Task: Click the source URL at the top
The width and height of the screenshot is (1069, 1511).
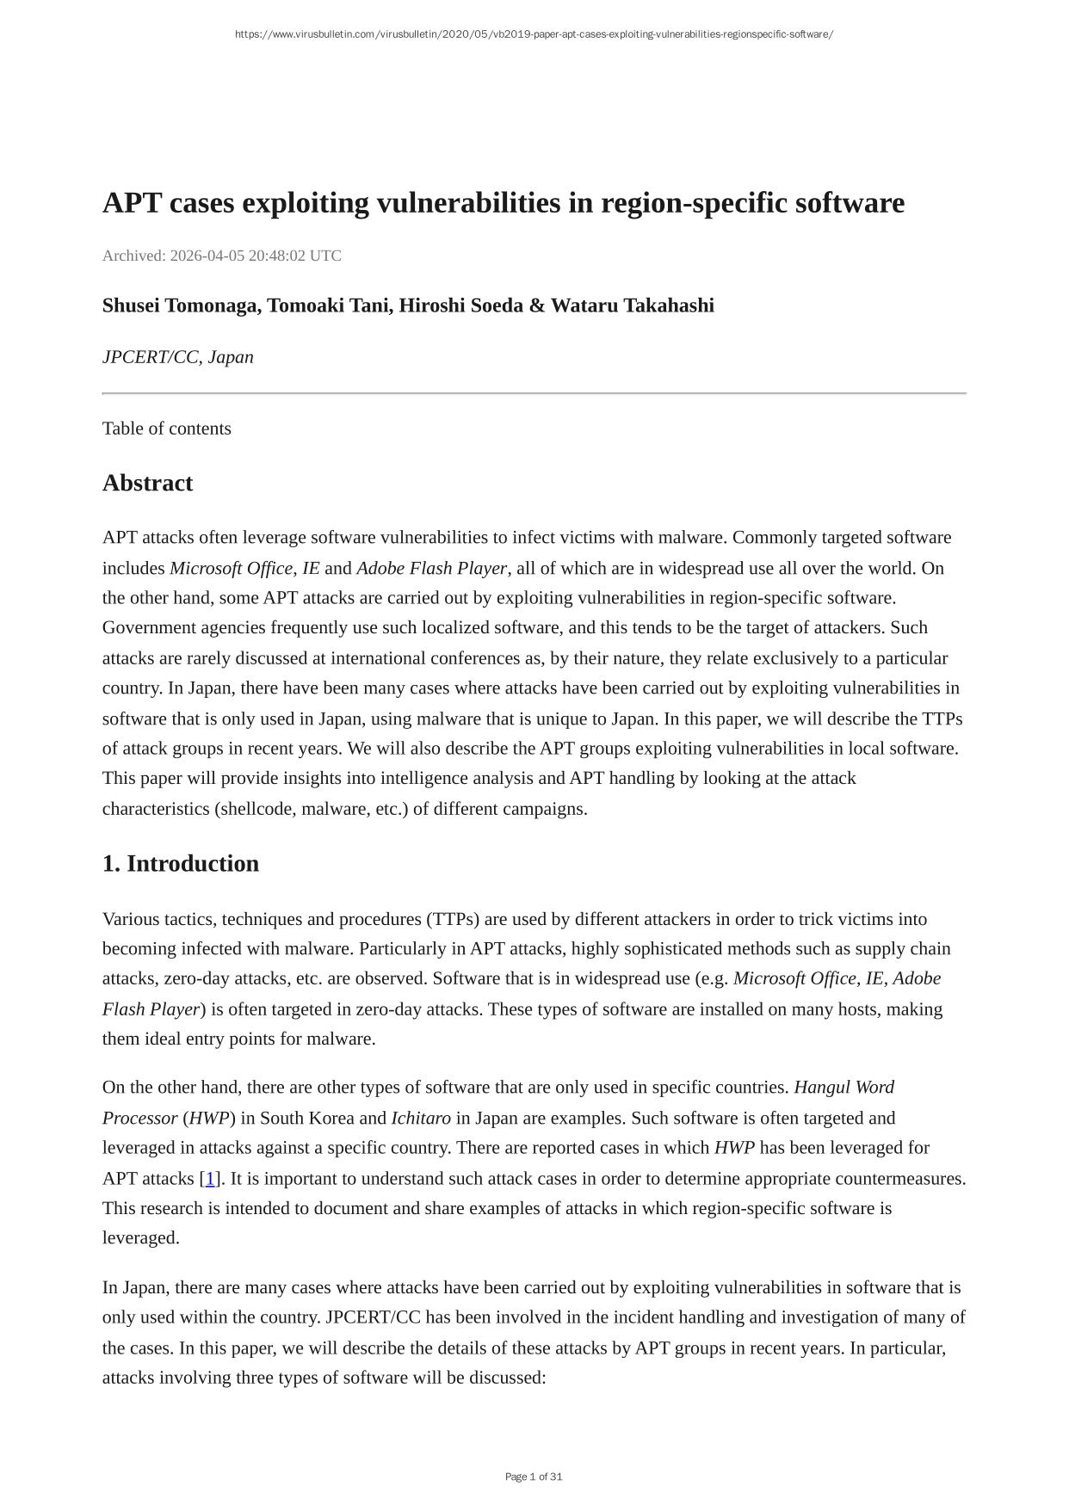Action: pyautogui.click(x=534, y=34)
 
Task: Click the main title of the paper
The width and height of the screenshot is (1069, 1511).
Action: pyautogui.click(x=504, y=203)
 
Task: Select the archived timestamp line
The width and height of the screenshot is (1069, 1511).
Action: pyautogui.click(x=222, y=256)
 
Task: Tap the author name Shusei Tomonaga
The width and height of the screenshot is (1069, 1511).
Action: pyautogui.click(x=181, y=305)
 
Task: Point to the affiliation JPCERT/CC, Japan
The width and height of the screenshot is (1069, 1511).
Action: pyautogui.click(x=178, y=357)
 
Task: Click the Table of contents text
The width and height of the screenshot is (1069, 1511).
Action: pyautogui.click(x=167, y=429)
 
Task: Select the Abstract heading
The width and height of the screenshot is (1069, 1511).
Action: pyautogui.click(x=147, y=483)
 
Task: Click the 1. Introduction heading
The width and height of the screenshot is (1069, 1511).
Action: pyautogui.click(x=181, y=864)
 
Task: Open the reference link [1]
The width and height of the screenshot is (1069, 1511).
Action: pyautogui.click(x=210, y=1178)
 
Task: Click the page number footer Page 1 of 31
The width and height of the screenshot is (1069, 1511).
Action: pyautogui.click(x=534, y=1477)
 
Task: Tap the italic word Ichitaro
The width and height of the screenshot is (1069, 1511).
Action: pyautogui.click(x=421, y=1118)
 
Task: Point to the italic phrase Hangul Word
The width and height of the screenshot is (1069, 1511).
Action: pyautogui.click(x=844, y=1088)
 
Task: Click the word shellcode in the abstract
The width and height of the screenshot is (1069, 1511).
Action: pyautogui.click(x=256, y=809)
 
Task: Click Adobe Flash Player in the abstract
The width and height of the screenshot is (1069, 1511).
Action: pyautogui.click(x=431, y=568)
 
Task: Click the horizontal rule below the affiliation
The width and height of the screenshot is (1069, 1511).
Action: pyautogui.click(x=534, y=393)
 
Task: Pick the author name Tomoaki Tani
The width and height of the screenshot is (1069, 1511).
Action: pyautogui.click(x=328, y=305)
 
